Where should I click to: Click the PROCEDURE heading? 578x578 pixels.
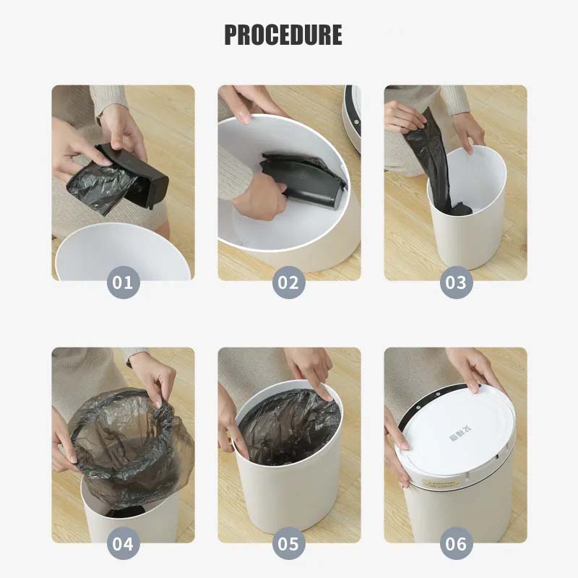(283, 35)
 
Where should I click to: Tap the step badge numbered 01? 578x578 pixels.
(123, 282)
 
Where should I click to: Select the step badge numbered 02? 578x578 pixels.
(288, 282)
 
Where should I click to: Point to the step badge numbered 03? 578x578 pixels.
(455, 282)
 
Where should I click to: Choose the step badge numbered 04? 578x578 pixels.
(123, 543)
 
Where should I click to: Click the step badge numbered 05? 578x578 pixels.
(288, 543)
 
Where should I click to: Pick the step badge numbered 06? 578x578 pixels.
(455, 543)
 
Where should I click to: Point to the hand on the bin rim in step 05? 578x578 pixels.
(311, 368)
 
